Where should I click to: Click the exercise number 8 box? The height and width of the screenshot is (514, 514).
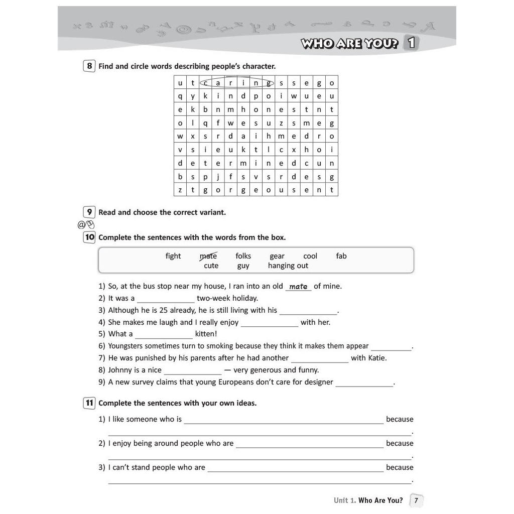click(x=89, y=66)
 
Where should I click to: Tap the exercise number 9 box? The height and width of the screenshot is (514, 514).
click(x=89, y=212)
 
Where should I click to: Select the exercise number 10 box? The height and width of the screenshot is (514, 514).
click(x=89, y=237)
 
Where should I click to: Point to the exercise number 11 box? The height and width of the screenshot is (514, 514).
click(x=89, y=403)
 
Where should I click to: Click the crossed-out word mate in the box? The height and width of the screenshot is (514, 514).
click(x=208, y=256)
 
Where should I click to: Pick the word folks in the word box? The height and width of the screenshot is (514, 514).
click(x=243, y=256)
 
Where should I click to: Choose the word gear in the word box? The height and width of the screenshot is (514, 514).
click(x=277, y=256)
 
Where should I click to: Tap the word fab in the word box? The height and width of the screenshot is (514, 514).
click(x=341, y=256)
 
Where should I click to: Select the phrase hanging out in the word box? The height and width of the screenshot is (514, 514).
click(x=288, y=266)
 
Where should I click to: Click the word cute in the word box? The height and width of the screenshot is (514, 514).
click(x=211, y=266)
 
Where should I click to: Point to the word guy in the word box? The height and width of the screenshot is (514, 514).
click(x=243, y=266)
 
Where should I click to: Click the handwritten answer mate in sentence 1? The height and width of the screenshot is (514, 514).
click(x=298, y=286)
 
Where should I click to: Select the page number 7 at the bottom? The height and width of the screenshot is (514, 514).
click(x=416, y=500)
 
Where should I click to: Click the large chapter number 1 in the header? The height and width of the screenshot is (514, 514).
click(x=411, y=43)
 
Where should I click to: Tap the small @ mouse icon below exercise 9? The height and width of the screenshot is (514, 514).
click(x=86, y=224)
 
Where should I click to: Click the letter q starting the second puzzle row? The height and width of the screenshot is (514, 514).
click(x=180, y=96)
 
